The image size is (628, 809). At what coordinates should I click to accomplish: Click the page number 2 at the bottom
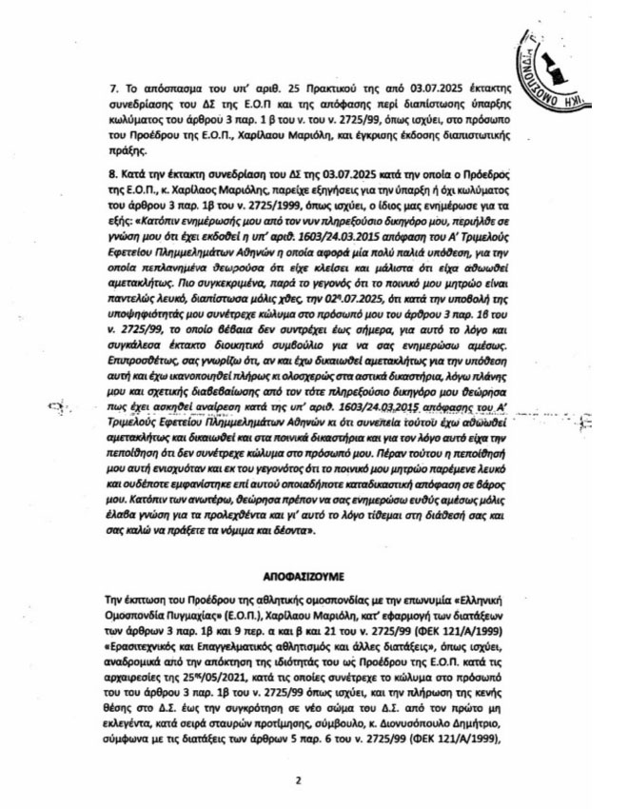[298, 781]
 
